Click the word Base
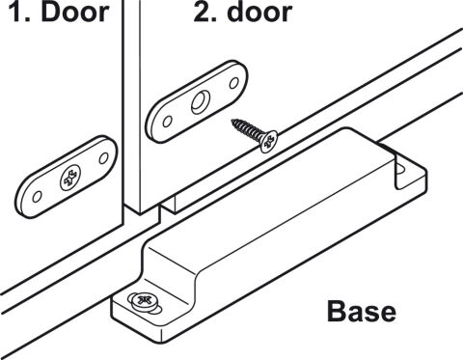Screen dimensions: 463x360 click(362, 311)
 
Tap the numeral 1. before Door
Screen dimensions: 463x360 click(19, 13)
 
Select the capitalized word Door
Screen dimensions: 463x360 click(75, 12)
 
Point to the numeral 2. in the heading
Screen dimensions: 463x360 click(205, 13)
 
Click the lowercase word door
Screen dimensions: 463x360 click(259, 12)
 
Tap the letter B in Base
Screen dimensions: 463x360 click(336, 311)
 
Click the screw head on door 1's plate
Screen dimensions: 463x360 click(70, 178)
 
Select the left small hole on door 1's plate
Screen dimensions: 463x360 click(37, 196)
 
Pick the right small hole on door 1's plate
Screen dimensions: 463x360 click(103, 158)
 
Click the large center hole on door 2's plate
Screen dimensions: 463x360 click(201, 102)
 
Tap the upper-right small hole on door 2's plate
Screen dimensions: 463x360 click(234, 83)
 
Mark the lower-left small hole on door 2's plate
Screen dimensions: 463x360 click(167, 122)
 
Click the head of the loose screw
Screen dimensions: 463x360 click(269, 142)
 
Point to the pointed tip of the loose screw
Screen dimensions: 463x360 click(232, 121)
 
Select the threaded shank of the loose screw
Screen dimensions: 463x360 click(247, 129)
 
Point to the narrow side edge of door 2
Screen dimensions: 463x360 click(131, 103)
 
